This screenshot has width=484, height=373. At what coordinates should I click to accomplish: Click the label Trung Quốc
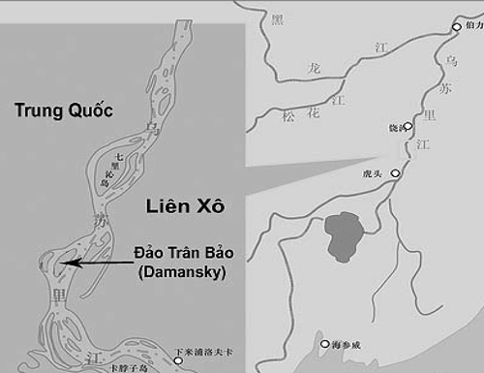pos(64,110)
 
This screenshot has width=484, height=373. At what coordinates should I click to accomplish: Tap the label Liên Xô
pos(185,205)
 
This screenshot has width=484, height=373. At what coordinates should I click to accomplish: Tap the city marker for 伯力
pos(457,27)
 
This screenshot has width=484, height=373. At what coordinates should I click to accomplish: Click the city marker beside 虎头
pos(396,174)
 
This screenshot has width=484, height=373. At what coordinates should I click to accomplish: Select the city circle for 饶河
pos(408,127)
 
